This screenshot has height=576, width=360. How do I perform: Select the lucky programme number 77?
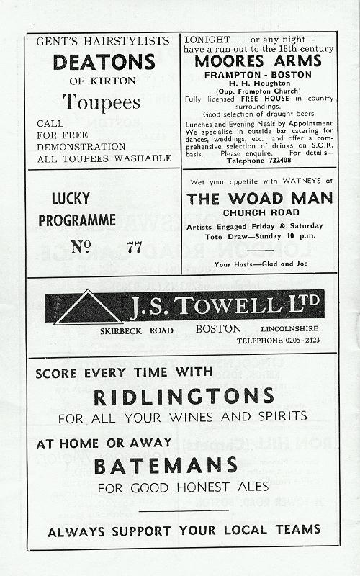(x=134, y=248)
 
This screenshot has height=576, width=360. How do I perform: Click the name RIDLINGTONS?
(x=184, y=396)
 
